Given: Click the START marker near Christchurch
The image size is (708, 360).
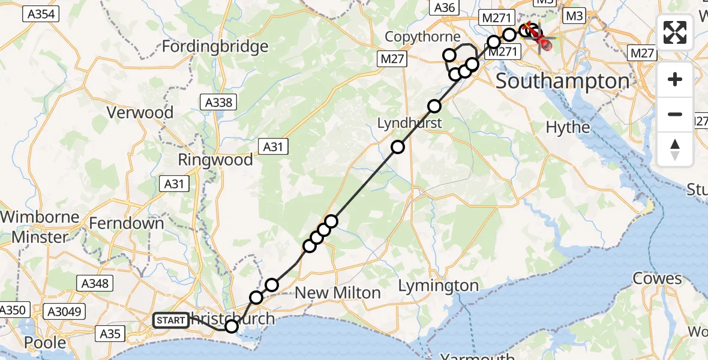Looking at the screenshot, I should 170,320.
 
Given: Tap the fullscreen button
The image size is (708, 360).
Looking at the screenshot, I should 675,32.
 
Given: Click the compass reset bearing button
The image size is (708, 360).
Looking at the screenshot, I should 675,149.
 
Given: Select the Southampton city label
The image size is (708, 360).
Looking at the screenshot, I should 563,81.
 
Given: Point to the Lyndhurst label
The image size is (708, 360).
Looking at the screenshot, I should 409,123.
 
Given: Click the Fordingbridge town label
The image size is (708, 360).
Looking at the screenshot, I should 214,46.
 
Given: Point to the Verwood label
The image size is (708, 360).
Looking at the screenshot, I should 140,112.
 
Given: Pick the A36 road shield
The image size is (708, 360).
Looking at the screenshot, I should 444,7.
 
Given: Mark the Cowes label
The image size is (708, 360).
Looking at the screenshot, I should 658,279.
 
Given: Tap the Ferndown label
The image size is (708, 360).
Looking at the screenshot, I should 126,223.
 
